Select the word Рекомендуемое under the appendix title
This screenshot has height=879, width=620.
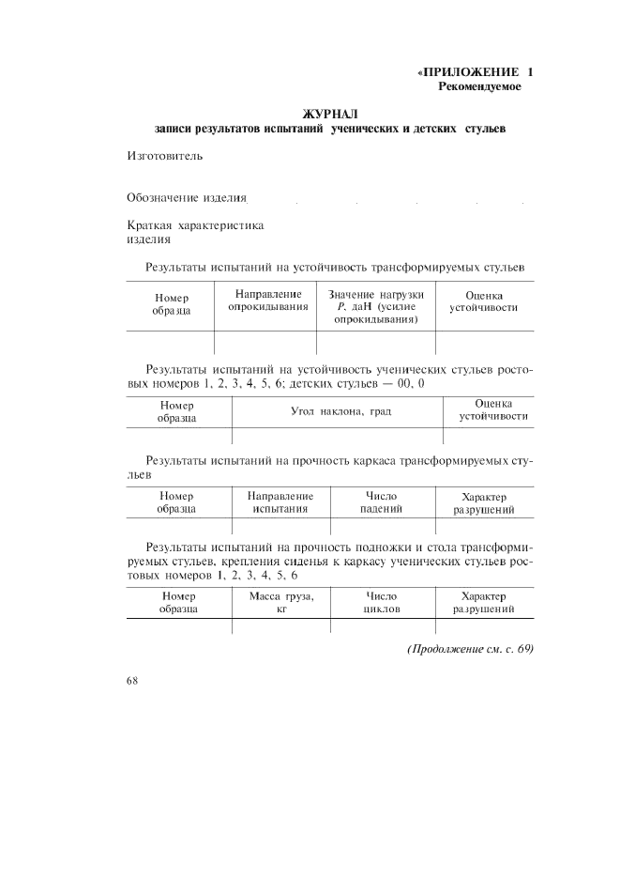[479, 86]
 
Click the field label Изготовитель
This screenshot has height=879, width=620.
[164, 156]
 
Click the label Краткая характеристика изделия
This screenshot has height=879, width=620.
[195, 232]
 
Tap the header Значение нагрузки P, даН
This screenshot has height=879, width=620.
[376, 307]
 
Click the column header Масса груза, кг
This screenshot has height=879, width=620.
[280, 602]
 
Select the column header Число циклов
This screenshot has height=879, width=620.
[382, 602]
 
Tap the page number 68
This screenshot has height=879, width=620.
[132, 681]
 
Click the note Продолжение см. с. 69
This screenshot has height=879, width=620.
[470, 649]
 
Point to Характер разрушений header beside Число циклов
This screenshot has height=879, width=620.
[484, 602]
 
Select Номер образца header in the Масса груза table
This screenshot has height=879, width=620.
[178, 602]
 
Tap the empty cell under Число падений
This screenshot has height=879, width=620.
[382, 527]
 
